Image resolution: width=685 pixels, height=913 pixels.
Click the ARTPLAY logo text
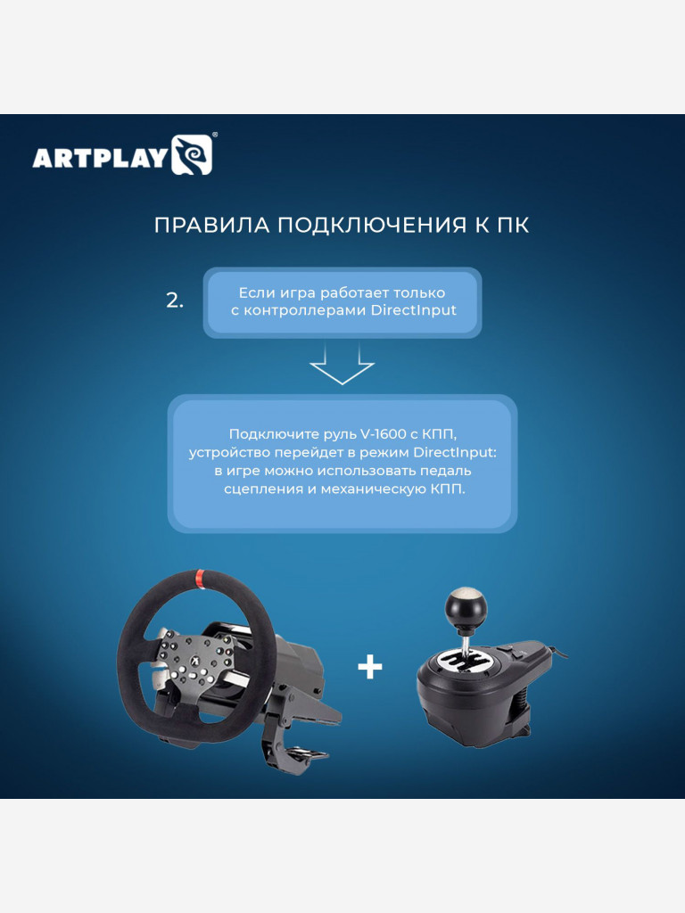100,158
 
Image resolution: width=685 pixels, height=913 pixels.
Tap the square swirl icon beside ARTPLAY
192,154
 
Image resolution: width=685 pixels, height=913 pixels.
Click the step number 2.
174,301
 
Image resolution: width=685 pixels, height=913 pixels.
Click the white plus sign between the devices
369,667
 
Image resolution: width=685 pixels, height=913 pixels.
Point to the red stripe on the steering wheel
199,576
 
